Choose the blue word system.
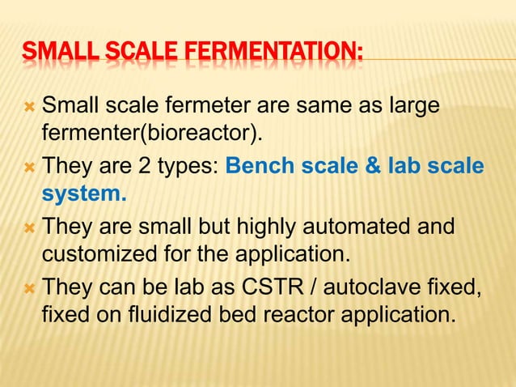(84, 195)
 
